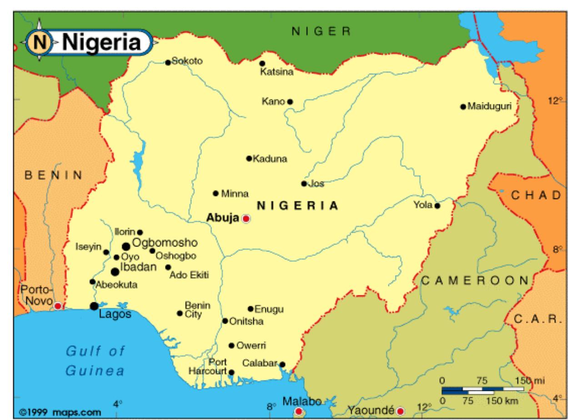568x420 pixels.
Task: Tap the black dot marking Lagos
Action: [x=94, y=306]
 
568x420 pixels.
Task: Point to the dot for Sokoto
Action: [x=168, y=62]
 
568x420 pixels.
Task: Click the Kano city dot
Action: [x=290, y=101]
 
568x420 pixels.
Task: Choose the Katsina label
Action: [x=276, y=72]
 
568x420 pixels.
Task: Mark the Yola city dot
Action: [x=437, y=205]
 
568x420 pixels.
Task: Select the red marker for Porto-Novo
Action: [x=58, y=306]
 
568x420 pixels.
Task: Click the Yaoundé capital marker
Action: [x=400, y=411]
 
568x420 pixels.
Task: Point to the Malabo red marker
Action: [x=299, y=411]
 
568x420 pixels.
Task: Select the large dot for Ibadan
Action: [x=115, y=271]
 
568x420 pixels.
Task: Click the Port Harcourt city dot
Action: [x=231, y=372]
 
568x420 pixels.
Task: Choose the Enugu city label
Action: [x=269, y=310]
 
